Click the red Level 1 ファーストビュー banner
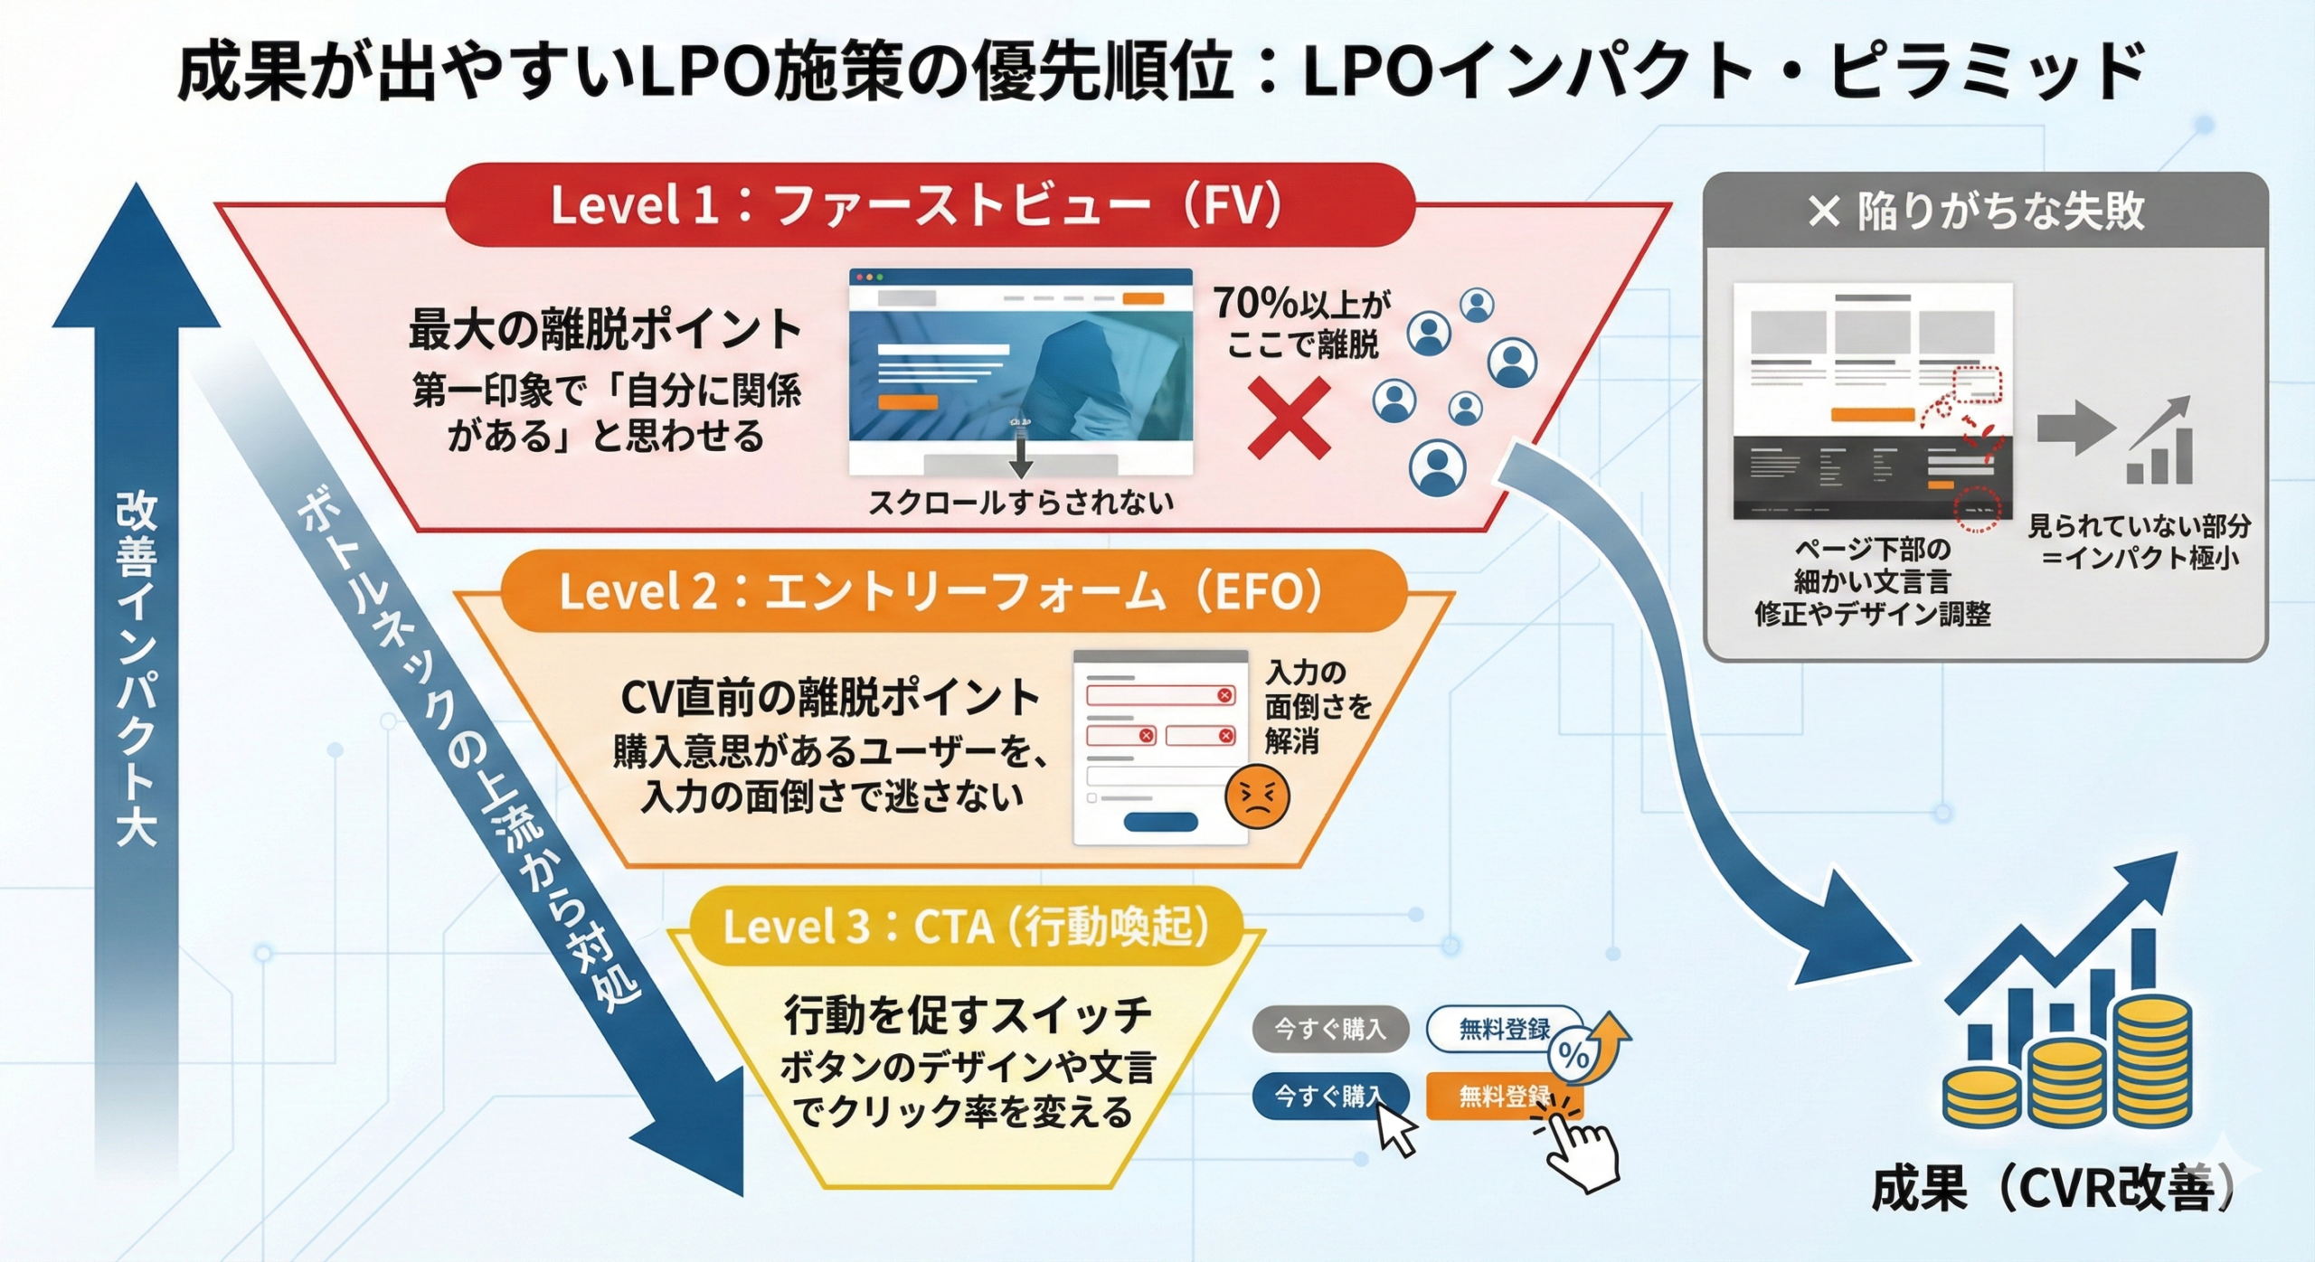click(930, 205)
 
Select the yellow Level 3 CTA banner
click(966, 927)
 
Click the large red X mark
click(1289, 418)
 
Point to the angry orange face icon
click(1256, 796)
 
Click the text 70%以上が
click(1302, 304)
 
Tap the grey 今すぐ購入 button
click(1329, 1029)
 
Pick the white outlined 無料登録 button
click(1504, 1029)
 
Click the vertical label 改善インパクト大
click(136, 669)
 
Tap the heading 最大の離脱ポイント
click(605, 329)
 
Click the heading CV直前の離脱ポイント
click(830, 698)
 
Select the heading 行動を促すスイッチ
click(968, 1014)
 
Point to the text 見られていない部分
click(2139, 525)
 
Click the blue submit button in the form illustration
click(1160, 822)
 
